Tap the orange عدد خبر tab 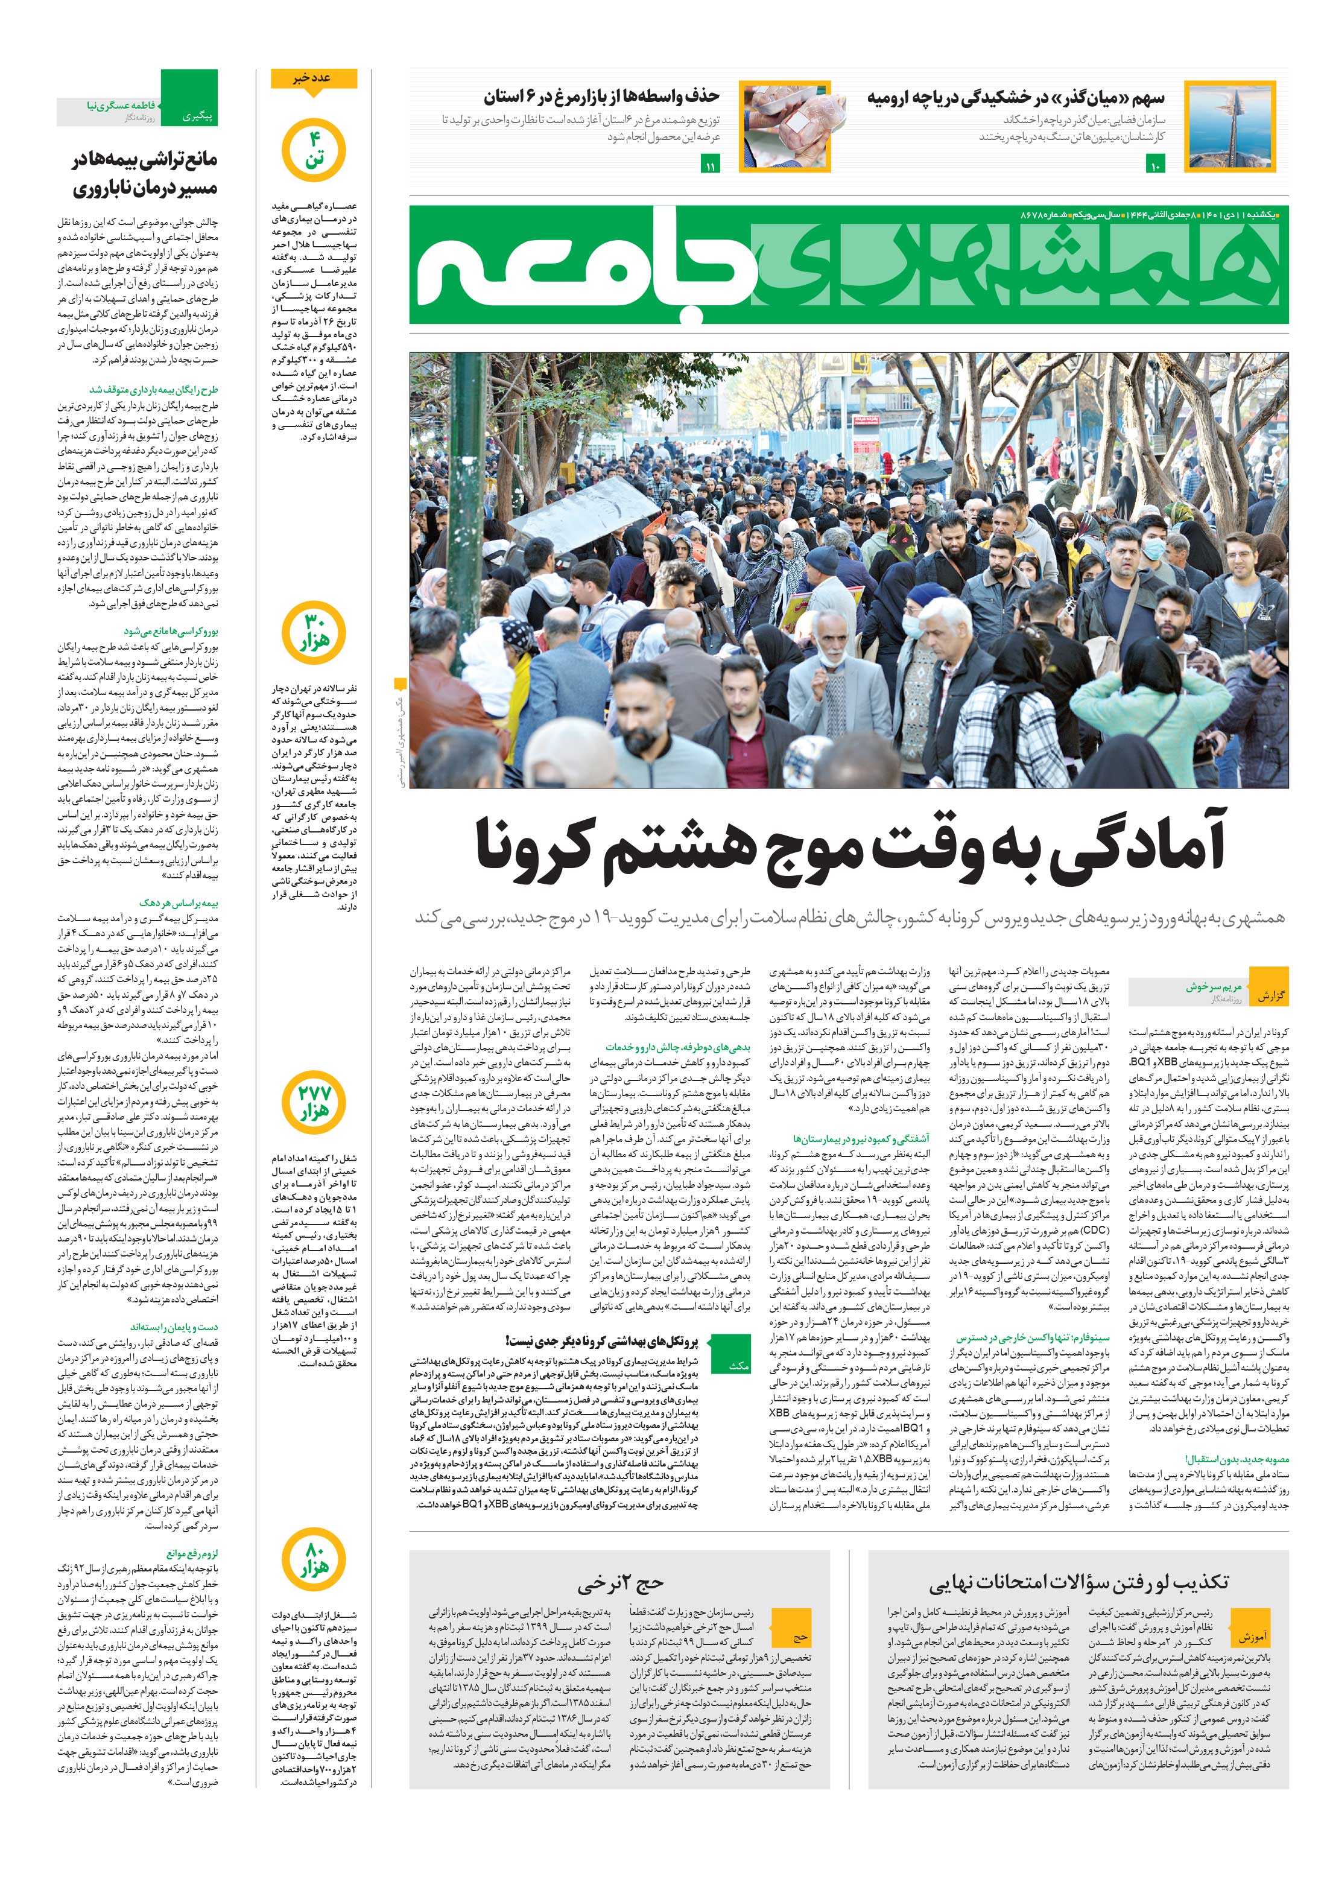coord(314,78)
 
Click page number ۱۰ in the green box coord(1154,167)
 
